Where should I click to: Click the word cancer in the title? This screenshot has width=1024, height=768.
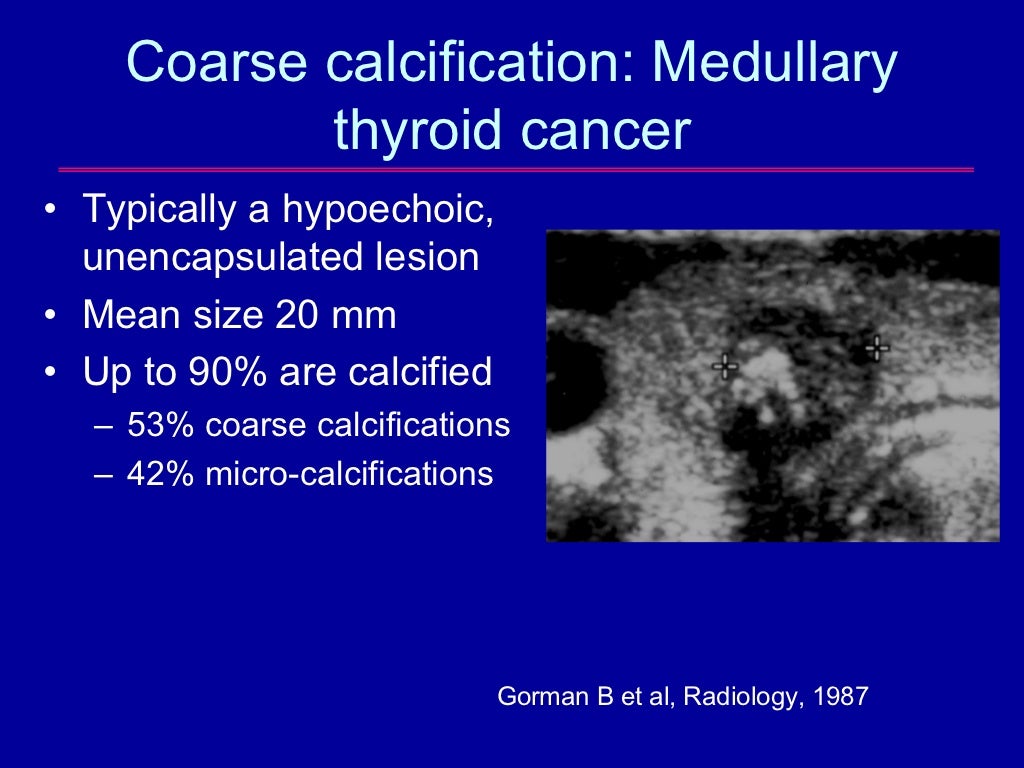pos(611,130)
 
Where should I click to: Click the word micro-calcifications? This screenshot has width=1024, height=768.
pos(349,474)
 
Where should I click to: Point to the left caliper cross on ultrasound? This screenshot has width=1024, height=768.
pos(725,366)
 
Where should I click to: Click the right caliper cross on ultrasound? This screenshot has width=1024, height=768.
pos(876,348)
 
